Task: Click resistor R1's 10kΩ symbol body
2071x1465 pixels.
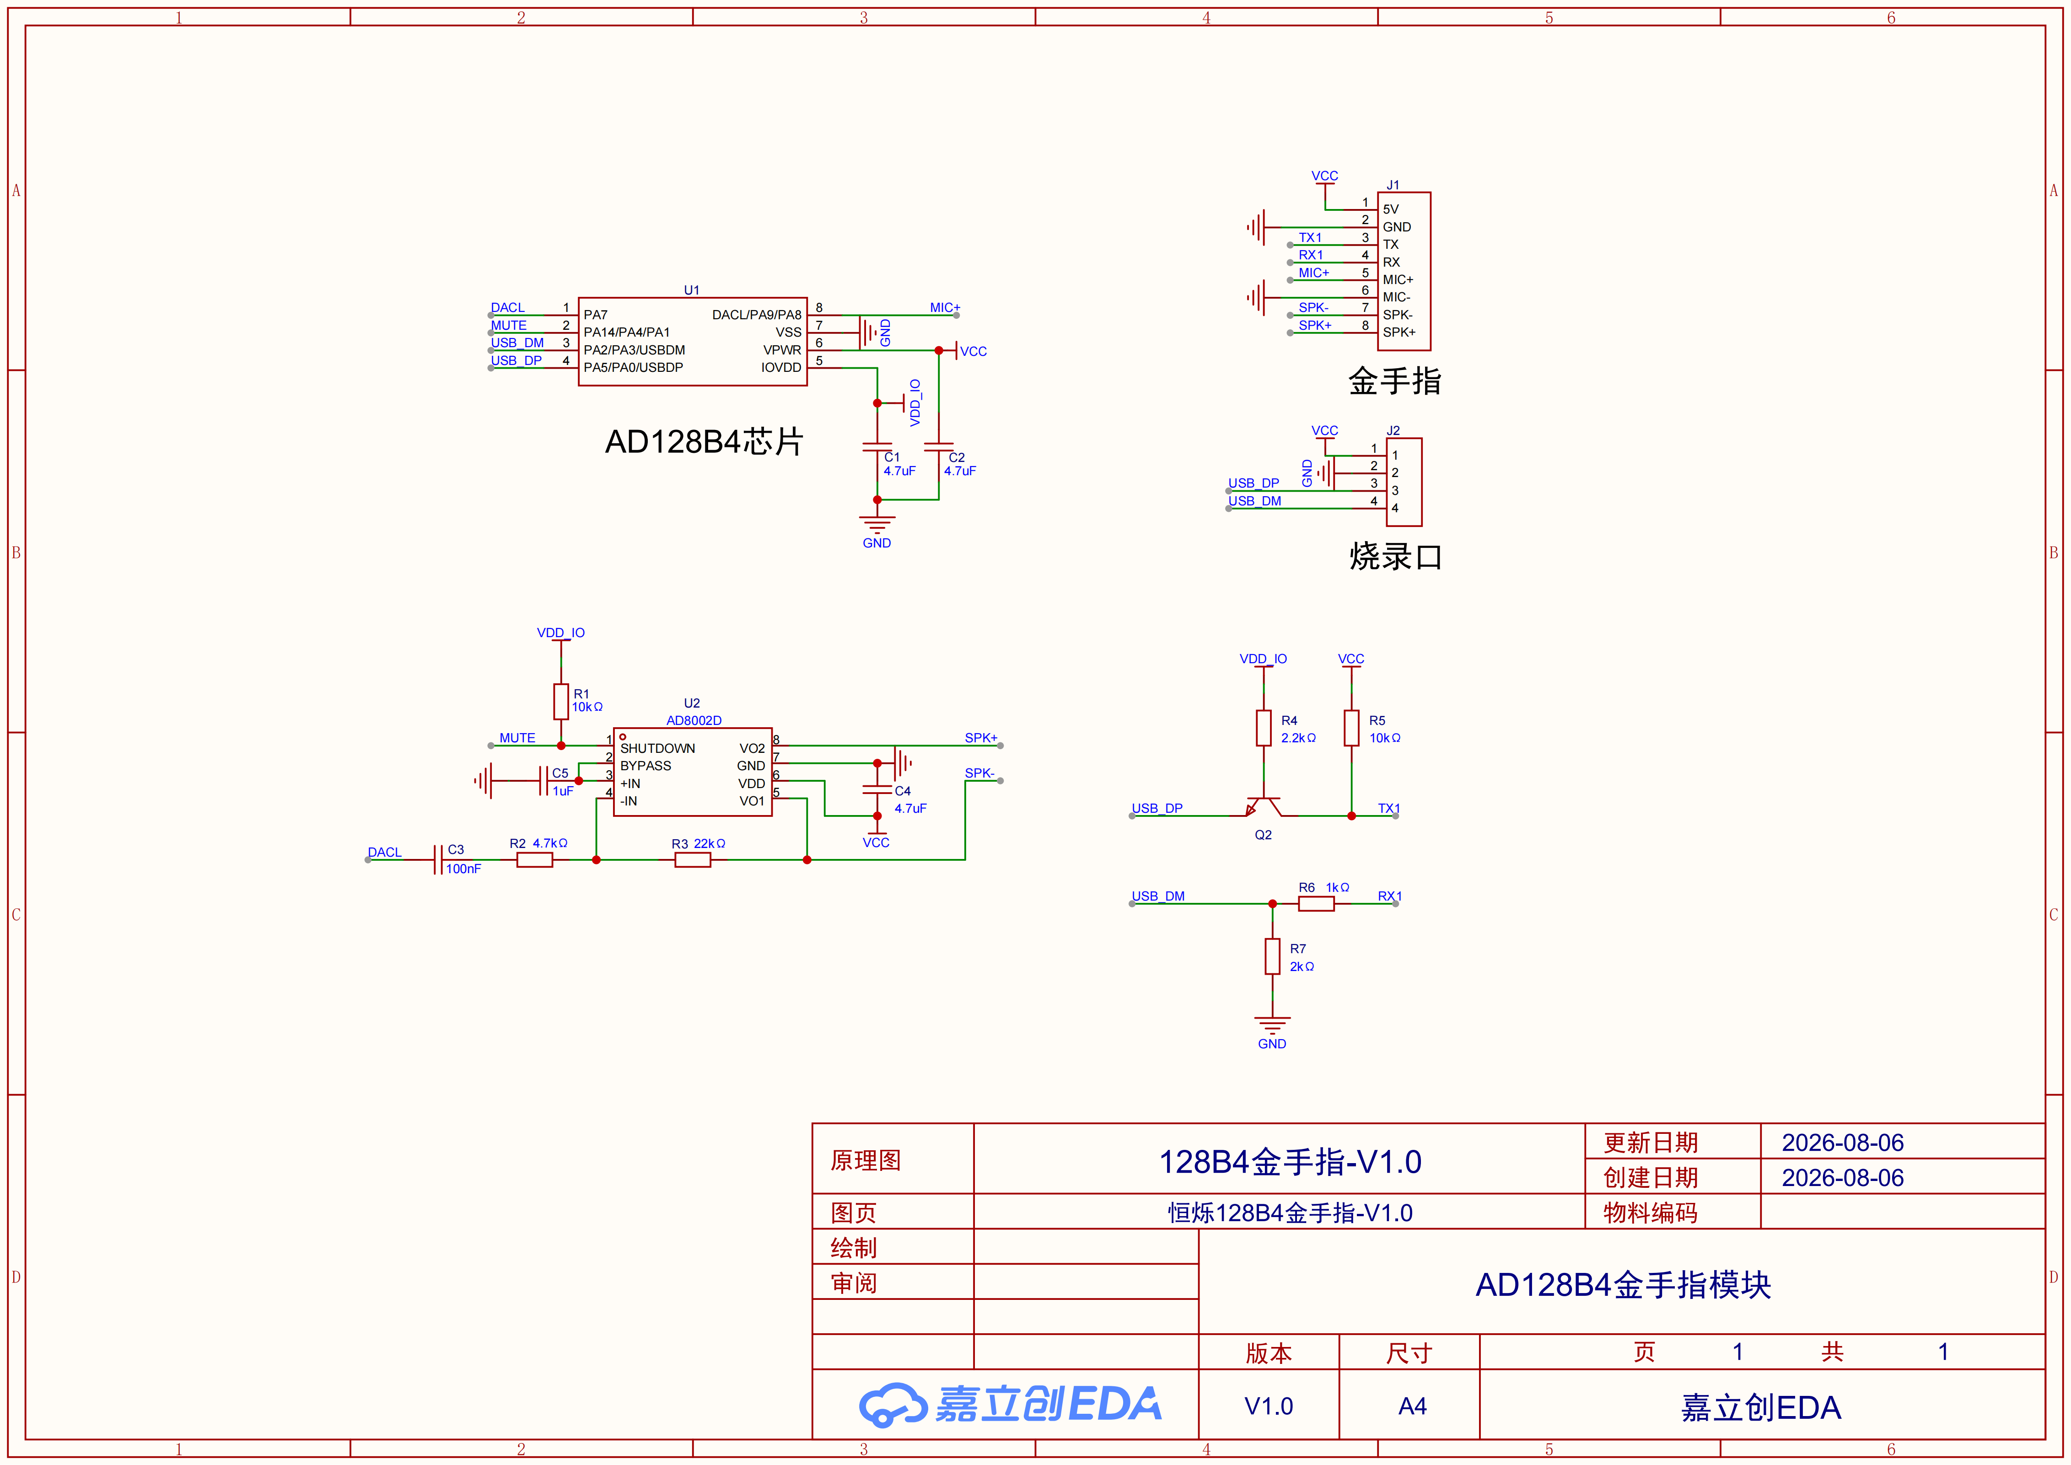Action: [x=561, y=701]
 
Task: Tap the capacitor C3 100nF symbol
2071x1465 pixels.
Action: [x=438, y=860]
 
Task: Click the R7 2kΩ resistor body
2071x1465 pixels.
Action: [x=1272, y=956]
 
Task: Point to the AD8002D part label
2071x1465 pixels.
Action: [x=694, y=721]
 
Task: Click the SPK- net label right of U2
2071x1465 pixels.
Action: [x=979, y=773]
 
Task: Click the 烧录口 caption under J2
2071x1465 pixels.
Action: [x=1395, y=557]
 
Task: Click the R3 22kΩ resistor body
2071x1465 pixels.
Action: [x=693, y=860]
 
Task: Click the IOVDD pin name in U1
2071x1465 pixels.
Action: [x=781, y=367]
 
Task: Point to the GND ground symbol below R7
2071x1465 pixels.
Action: [x=1272, y=1025]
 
